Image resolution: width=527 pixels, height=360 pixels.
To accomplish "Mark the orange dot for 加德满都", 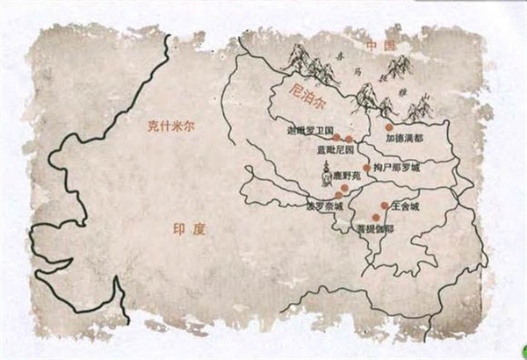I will tap(389, 127).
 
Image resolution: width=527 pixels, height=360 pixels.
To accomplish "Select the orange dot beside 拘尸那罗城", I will tap(366, 167).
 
